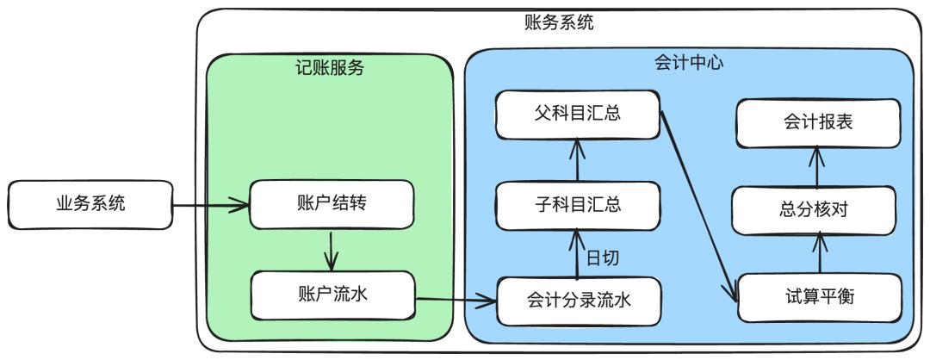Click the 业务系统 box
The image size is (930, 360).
pos(90,204)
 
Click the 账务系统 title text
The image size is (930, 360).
pos(559,22)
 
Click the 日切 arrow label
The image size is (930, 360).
pos(603,257)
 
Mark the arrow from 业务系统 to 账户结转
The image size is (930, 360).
pos(210,206)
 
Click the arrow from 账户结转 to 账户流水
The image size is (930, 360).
pos(332,250)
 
